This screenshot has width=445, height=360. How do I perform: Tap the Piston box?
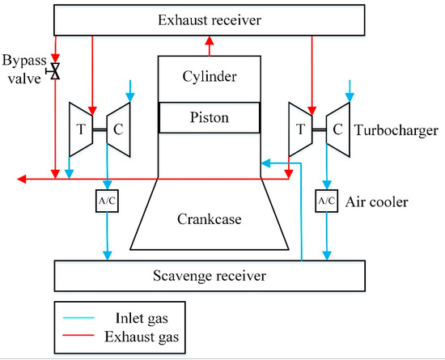click(209, 117)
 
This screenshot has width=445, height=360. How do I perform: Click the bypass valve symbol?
click(55, 73)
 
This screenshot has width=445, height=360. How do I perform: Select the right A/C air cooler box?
click(327, 199)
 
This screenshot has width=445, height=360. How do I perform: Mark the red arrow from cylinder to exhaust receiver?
click(209, 47)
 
